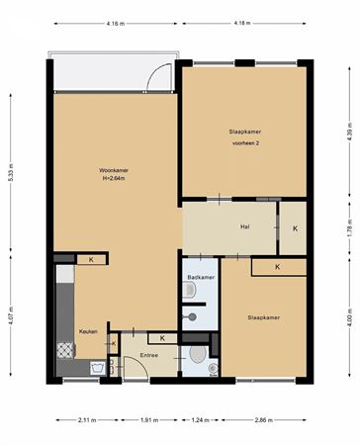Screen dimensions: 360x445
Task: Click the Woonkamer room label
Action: coord(114,170)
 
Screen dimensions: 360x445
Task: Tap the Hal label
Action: coord(244,226)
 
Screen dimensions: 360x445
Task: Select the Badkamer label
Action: coord(201,277)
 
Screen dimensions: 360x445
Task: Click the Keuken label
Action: coord(88,331)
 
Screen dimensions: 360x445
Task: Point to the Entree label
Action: coord(149,355)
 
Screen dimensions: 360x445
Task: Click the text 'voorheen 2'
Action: coord(245,143)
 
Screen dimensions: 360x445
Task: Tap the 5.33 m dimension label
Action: coord(11,172)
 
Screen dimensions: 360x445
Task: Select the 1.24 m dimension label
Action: coord(201,420)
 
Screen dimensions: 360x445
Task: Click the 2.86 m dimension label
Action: coord(264,420)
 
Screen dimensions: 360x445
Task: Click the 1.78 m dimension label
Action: coord(350,227)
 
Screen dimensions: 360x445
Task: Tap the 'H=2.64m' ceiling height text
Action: coord(114,178)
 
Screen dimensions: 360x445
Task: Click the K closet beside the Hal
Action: coord(293,228)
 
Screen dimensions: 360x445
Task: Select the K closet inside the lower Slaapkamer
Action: coord(279,267)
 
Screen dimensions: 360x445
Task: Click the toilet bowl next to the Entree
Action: coord(198,354)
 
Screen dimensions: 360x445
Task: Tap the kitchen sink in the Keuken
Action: coord(98,367)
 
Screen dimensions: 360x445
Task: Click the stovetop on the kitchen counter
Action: coord(65,350)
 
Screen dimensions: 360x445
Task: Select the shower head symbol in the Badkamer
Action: coord(190,317)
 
